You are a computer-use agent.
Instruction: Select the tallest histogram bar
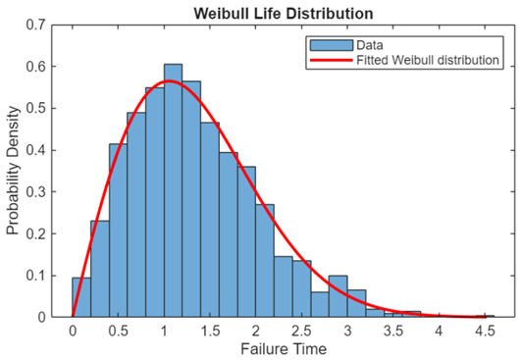point(173,190)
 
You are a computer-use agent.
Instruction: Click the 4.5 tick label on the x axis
point(484,331)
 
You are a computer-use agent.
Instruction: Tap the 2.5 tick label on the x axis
point(301,331)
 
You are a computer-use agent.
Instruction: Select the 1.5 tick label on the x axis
point(210,331)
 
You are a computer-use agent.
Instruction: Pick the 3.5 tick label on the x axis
point(392,331)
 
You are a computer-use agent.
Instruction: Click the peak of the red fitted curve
point(170,81)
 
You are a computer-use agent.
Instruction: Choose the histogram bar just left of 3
point(339,296)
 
